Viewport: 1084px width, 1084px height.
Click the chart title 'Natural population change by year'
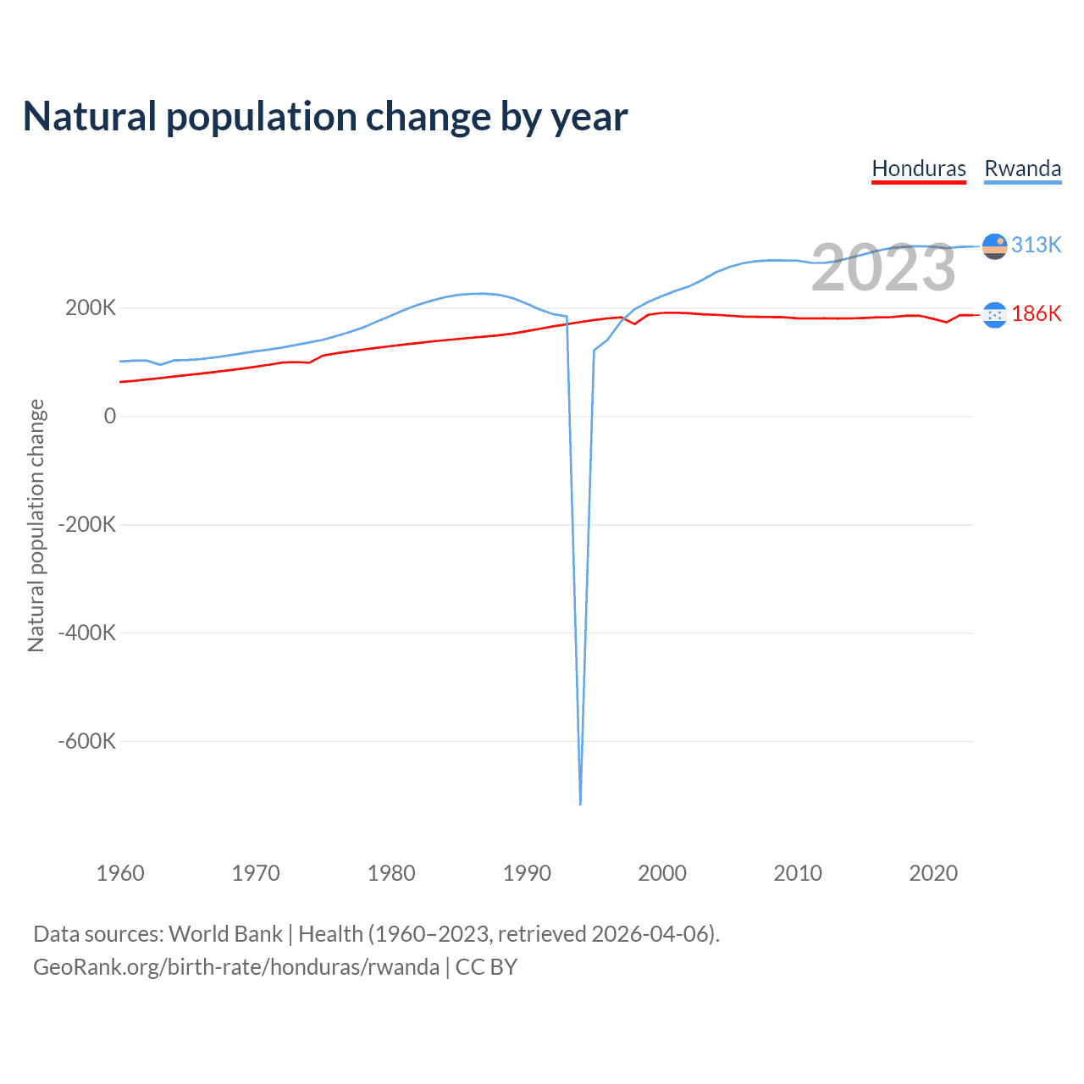click(x=325, y=117)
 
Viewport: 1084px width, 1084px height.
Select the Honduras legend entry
click(x=919, y=169)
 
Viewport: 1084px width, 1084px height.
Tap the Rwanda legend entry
click(x=1022, y=169)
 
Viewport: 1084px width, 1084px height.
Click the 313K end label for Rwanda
click(x=1036, y=245)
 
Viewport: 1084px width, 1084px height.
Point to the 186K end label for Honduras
click(x=1036, y=314)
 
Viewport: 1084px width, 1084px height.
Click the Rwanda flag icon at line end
click(x=994, y=246)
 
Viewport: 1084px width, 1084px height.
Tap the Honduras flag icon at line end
click(x=994, y=315)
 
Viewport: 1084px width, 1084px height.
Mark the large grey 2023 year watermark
click(x=883, y=268)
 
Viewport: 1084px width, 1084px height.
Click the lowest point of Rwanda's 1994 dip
click(x=580, y=803)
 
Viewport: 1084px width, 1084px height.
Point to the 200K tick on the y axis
click(x=91, y=308)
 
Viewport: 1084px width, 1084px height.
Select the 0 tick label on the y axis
click(x=109, y=416)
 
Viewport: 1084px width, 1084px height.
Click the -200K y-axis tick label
click(x=86, y=524)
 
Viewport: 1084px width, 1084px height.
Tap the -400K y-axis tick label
click(x=86, y=633)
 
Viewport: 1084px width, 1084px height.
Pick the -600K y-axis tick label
click(x=86, y=741)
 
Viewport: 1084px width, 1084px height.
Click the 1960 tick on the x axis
click(x=120, y=873)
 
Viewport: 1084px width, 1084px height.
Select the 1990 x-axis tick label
click(x=527, y=873)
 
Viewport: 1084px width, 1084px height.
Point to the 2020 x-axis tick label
click(x=933, y=873)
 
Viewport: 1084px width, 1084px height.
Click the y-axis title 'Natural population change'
click(x=36, y=525)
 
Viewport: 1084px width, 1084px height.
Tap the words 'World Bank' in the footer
click(x=225, y=934)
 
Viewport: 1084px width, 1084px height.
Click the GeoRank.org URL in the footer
click(x=236, y=967)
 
